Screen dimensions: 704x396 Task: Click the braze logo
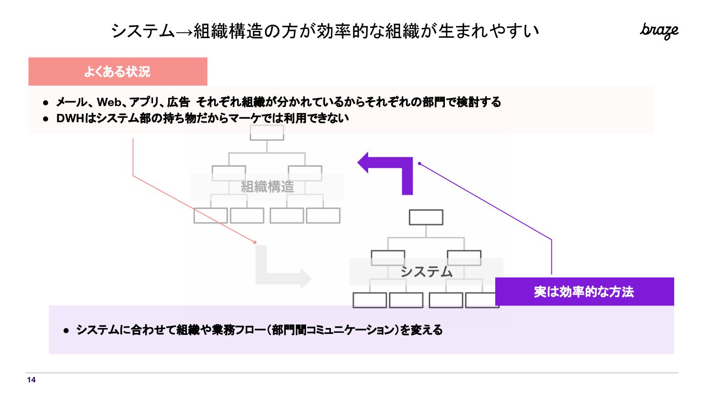659,30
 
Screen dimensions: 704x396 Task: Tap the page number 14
31,380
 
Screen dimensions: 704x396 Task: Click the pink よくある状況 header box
118,72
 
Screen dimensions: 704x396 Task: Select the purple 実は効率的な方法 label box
584,292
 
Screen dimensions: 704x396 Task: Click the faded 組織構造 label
267,186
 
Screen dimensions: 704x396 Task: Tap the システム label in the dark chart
426,271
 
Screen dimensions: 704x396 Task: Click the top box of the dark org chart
426,217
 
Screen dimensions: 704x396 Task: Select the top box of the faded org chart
266,132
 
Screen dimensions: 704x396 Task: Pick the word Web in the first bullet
109,102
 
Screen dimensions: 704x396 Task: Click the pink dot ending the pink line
255,242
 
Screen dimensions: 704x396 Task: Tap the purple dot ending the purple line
419,164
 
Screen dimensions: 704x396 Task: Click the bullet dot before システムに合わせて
66,330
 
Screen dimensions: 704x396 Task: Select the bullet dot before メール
45,103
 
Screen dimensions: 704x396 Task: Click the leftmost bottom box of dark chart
370,300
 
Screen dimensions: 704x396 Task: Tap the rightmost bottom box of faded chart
323,216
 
